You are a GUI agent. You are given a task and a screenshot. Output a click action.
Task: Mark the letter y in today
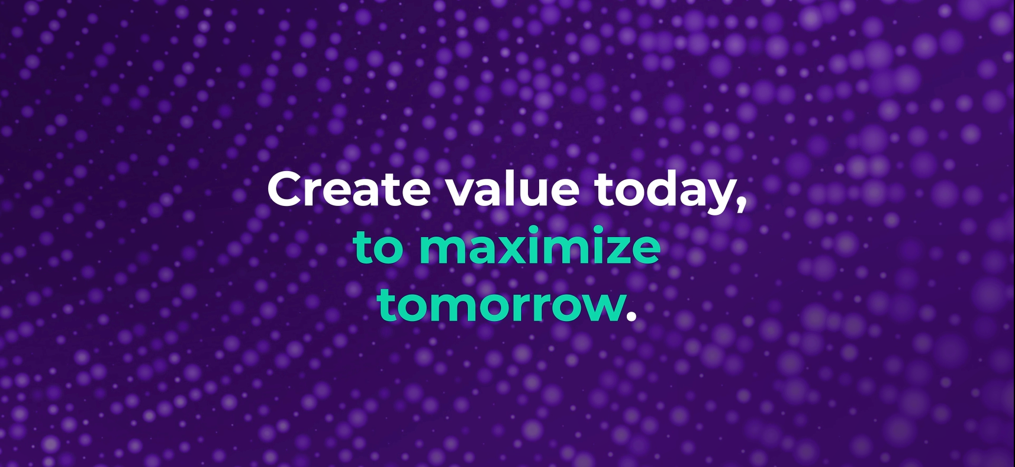(717, 197)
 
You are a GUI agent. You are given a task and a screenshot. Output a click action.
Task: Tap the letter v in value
(462, 192)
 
